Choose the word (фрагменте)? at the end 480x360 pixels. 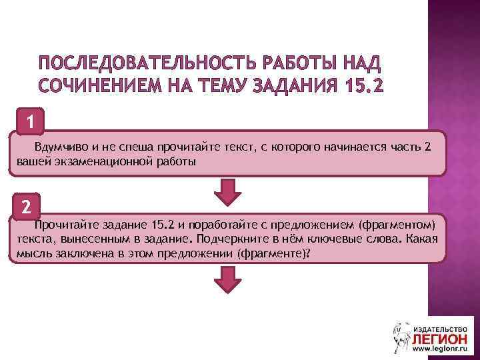273,254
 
